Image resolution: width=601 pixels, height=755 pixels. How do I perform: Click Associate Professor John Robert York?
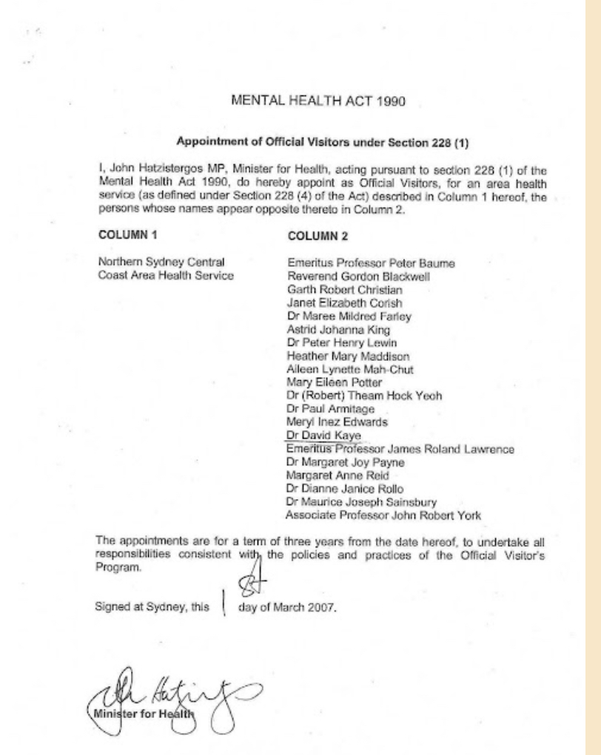click(383, 515)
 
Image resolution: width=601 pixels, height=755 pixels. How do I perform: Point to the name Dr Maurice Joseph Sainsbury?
click(357, 501)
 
